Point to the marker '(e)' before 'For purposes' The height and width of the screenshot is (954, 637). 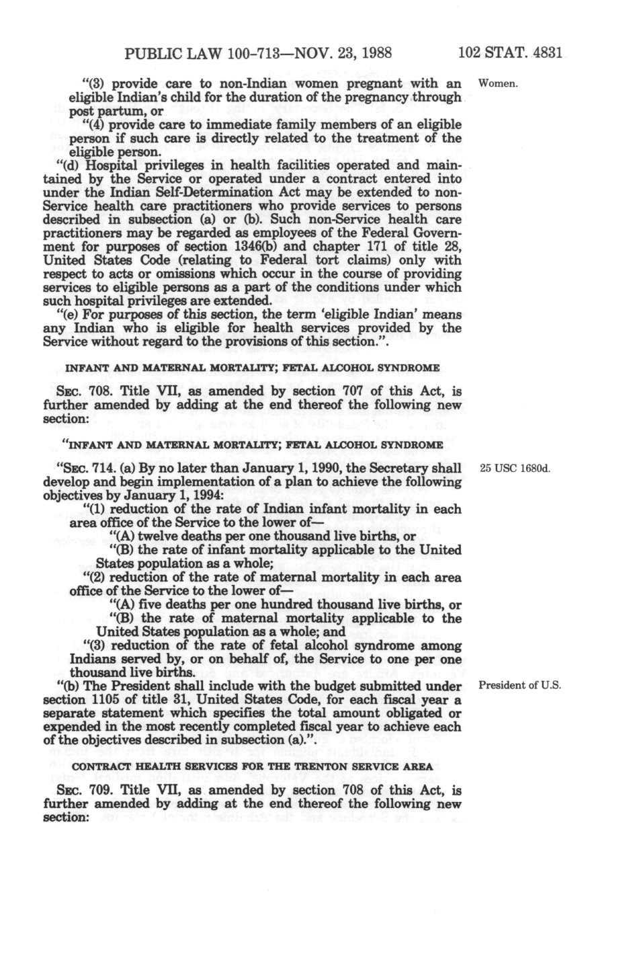pos(54,315)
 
